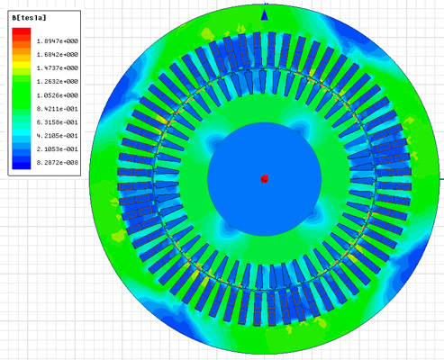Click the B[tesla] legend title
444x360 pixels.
(29, 18)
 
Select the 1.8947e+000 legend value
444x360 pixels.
(58, 41)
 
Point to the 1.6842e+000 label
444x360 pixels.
(58, 55)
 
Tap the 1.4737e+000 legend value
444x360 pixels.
(58, 68)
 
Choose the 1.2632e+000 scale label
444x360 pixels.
(58, 82)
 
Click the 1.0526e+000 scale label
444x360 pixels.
(58, 95)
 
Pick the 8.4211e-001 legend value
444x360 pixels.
(58, 109)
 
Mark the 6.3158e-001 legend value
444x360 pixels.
(58, 122)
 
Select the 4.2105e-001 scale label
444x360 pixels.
(58, 136)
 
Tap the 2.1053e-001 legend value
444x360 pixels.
(58, 149)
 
